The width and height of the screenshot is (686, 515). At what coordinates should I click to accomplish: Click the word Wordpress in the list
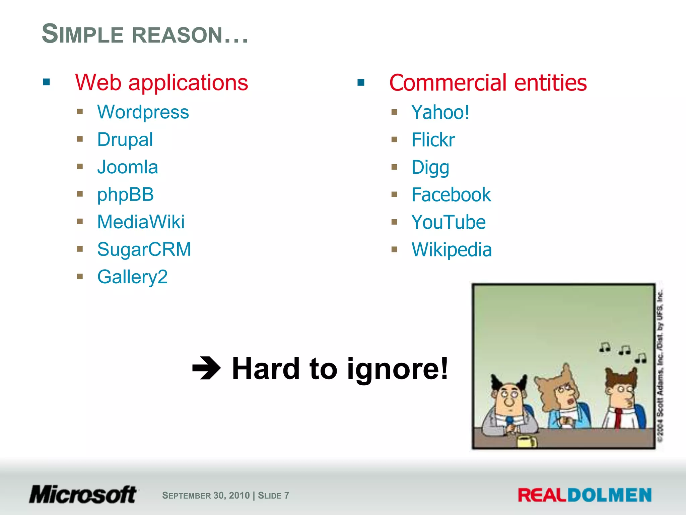coord(143,112)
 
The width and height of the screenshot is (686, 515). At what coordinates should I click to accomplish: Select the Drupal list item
coord(125,140)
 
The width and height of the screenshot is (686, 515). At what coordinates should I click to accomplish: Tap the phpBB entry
coord(125,195)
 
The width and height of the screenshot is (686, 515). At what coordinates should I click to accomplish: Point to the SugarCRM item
coord(144,249)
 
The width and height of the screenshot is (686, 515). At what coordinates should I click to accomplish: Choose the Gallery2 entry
coord(132,277)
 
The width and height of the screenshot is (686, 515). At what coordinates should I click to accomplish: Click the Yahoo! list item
coord(440,112)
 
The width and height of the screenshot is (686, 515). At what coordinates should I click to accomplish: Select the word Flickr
coord(433,140)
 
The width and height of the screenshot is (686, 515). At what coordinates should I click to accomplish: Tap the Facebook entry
coord(451,195)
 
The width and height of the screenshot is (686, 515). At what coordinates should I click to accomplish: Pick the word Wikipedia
coord(452,250)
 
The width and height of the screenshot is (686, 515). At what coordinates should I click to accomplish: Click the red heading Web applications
coord(161,82)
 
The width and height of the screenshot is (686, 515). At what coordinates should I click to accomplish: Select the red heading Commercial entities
coord(488,82)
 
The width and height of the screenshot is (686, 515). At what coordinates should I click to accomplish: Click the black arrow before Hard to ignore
coord(206,368)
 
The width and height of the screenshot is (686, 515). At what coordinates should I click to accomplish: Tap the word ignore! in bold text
coord(397,369)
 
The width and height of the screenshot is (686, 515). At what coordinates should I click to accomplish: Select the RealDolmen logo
coord(585,495)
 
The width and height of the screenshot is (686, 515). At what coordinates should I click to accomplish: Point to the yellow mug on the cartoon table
coord(527,441)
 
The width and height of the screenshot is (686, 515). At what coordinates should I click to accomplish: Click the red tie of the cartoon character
coord(618,417)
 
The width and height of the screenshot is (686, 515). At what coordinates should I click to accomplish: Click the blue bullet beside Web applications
coord(47,82)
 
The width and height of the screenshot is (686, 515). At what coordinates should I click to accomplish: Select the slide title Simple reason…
coord(145,34)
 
